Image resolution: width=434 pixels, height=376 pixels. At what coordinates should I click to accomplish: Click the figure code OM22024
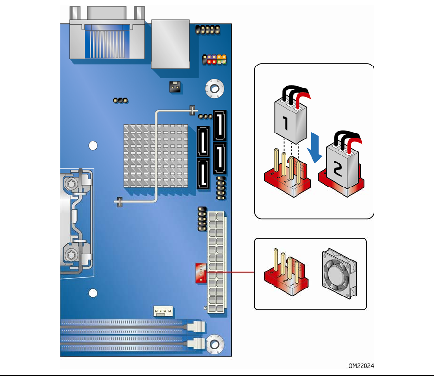pos(361,366)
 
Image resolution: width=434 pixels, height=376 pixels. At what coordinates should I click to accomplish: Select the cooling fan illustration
pos(340,274)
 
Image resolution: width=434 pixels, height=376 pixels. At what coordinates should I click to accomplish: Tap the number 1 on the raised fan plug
pos(285,123)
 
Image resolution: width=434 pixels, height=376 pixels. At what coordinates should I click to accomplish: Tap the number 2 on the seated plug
pos(338,169)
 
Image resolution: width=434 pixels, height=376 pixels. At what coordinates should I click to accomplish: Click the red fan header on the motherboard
pos(201,273)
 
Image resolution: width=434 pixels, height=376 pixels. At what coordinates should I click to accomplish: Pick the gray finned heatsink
pos(156,156)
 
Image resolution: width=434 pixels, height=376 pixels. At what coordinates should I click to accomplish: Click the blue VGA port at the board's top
pos(107,42)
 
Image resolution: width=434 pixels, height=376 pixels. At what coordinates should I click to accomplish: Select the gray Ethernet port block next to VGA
pos(170,44)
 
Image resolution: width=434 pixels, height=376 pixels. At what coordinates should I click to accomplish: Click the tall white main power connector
pos(216,262)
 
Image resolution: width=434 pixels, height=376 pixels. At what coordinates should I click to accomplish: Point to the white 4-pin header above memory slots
pos(163,311)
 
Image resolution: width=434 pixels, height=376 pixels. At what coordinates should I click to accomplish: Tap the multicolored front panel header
pos(214,60)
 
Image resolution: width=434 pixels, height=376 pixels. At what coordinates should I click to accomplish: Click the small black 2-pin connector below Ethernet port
pos(175,87)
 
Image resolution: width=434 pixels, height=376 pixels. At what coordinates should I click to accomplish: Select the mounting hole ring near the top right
pos(214,88)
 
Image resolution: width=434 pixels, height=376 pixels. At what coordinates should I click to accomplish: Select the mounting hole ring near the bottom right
pos(214,344)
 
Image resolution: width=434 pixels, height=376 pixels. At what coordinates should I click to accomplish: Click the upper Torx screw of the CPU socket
pos(71,183)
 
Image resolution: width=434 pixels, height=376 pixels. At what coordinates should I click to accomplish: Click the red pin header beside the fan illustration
pos(286,274)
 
